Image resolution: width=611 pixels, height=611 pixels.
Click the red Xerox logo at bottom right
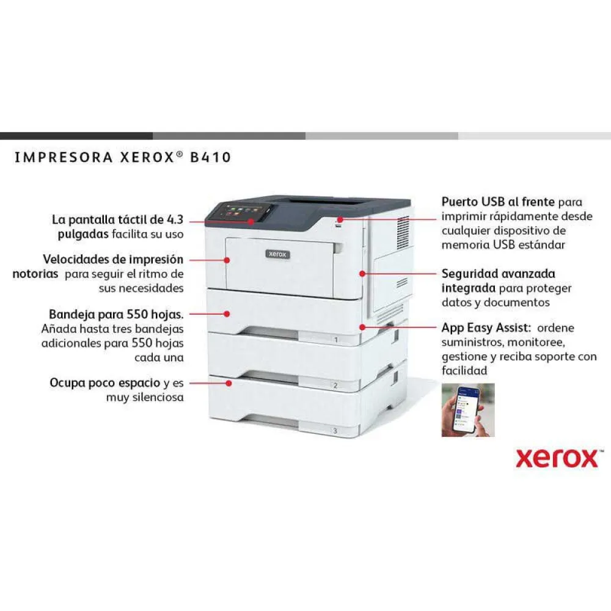tap(557, 458)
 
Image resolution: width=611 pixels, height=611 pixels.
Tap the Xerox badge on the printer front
tap(277, 254)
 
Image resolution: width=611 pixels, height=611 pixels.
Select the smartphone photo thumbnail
tap(468, 410)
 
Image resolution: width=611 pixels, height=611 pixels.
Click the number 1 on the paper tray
tap(336, 340)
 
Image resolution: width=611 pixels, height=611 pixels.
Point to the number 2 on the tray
tap(335, 386)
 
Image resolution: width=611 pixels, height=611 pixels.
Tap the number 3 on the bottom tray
tap(335, 431)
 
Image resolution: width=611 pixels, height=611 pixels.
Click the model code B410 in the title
tap(210, 158)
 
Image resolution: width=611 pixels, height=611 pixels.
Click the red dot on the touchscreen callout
tap(251, 221)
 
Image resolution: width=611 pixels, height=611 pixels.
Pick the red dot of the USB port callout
tap(340, 219)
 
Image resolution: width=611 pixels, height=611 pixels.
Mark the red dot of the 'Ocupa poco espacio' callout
tap(229, 384)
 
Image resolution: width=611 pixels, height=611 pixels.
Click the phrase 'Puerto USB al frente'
tap(498, 202)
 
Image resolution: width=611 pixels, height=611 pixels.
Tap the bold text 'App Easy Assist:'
tap(486, 327)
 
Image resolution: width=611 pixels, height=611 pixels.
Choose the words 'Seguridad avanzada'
tap(499, 274)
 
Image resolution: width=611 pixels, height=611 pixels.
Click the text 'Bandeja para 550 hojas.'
tap(116, 314)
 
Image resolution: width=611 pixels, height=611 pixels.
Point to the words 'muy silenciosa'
tap(145, 398)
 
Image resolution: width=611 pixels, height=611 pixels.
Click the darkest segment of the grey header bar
tap(76, 136)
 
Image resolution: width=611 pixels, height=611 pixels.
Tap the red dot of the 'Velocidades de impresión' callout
tap(227, 260)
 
